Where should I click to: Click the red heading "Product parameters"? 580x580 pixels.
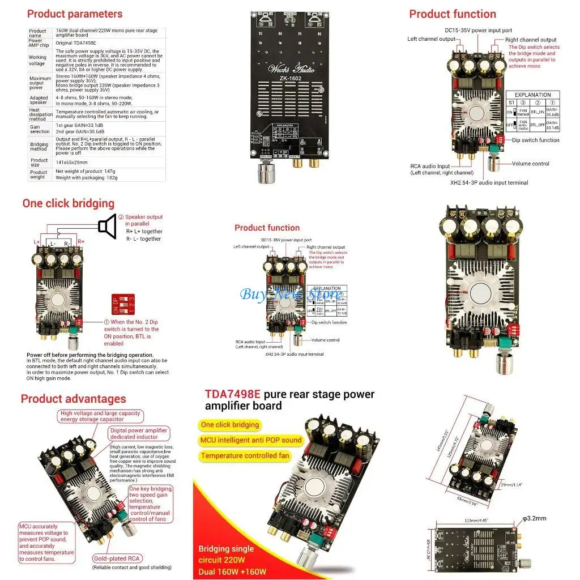(74, 14)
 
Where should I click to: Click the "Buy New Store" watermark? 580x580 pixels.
(291, 293)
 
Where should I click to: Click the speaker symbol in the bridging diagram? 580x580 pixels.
(107, 227)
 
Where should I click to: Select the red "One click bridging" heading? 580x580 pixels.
(68, 203)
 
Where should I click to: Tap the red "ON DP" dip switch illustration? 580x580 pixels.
(123, 304)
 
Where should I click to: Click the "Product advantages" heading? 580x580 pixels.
(73, 399)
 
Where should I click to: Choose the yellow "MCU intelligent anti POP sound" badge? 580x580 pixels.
(251, 440)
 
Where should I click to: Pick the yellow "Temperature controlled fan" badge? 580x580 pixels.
(245, 455)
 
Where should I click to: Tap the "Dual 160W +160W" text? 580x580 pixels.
(232, 571)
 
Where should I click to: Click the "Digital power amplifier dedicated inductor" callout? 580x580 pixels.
(139, 434)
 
